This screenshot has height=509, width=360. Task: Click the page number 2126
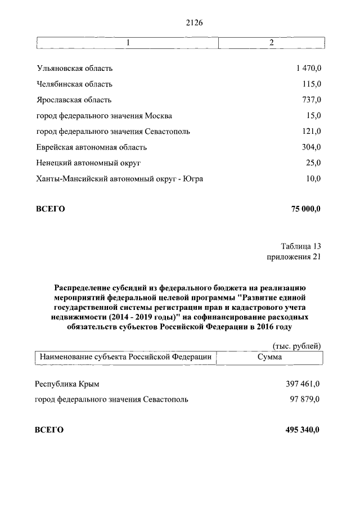pyautogui.click(x=193, y=22)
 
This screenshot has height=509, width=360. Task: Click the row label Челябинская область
pyautogui.click(x=74, y=84)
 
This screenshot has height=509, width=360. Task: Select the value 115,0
pyautogui.click(x=311, y=84)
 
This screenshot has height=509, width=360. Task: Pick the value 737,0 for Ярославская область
pyautogui.click(x=311, y=100)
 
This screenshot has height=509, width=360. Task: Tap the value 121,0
pyautogui.click(x=311, y=132)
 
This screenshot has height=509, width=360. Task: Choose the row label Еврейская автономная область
pyautogui.click(x=91, y=147)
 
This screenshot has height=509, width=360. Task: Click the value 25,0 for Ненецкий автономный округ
pyautogui.click(x=313, y=163)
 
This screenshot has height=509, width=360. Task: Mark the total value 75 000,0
pyautogui.click(x=306, y=209)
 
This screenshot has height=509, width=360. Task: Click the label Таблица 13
pyautogui.click(x=301, y=246)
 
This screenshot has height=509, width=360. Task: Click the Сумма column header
pyautogui.click(x=269, y=357)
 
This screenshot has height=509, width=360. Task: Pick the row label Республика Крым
pyautogui.click(x=67, y=384)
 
